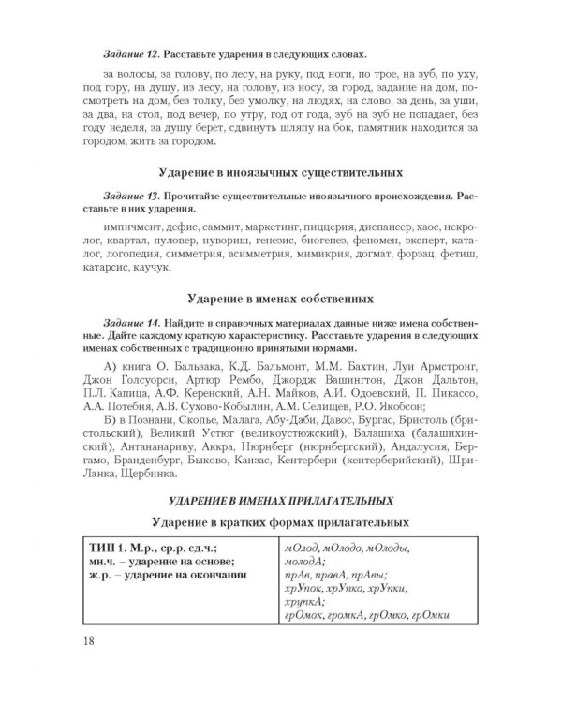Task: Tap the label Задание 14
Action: tap(132, 321)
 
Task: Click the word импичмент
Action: tap(136, 227)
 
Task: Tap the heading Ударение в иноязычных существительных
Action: tap(280, 173)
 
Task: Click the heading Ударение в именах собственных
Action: tap(280, 297)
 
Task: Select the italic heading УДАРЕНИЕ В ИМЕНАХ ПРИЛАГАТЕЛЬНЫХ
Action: tap(280, 501)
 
